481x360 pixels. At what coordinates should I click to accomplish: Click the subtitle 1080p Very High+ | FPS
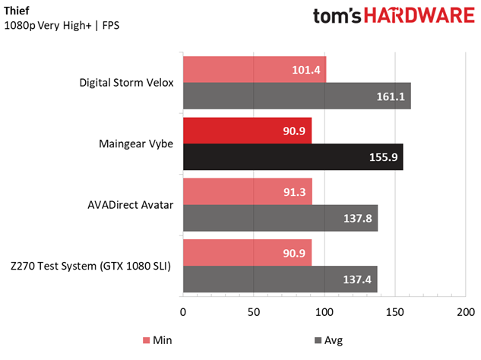62,26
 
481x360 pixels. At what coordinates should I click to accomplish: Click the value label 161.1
390,96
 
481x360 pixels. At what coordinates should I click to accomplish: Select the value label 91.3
296,192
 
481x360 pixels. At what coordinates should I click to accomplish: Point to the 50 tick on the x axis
253,311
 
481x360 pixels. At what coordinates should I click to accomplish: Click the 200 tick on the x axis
465,311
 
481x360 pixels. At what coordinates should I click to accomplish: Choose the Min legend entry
158,339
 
